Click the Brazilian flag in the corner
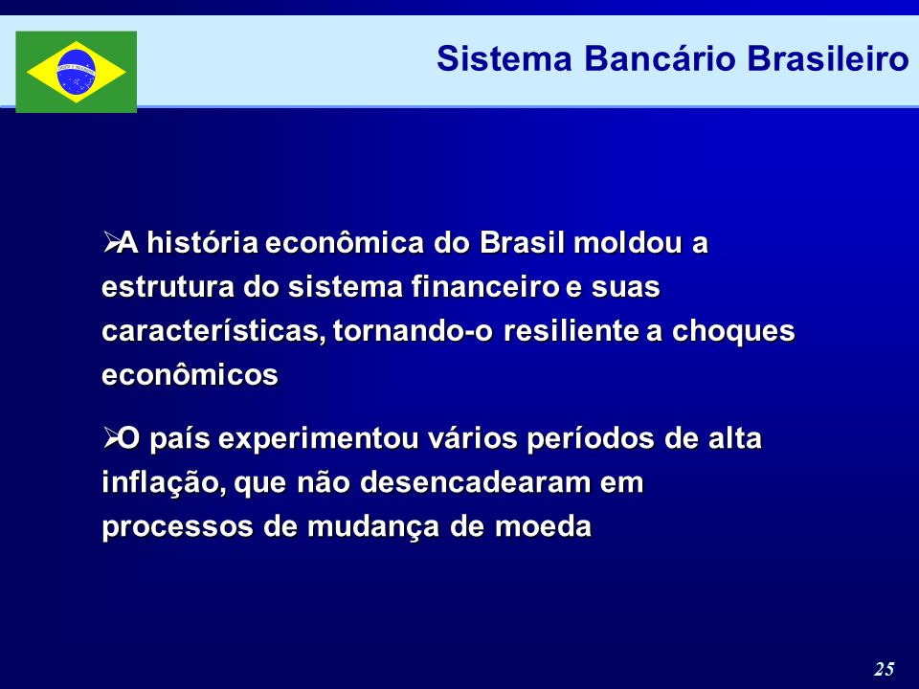point(77,72)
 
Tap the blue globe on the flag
point(77,72)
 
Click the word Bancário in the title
point(660,58)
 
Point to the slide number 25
point(885,669)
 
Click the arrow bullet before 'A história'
point(110,241)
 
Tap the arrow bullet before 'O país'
point(110,436)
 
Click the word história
point(203,242)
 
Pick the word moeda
point(544,526)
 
